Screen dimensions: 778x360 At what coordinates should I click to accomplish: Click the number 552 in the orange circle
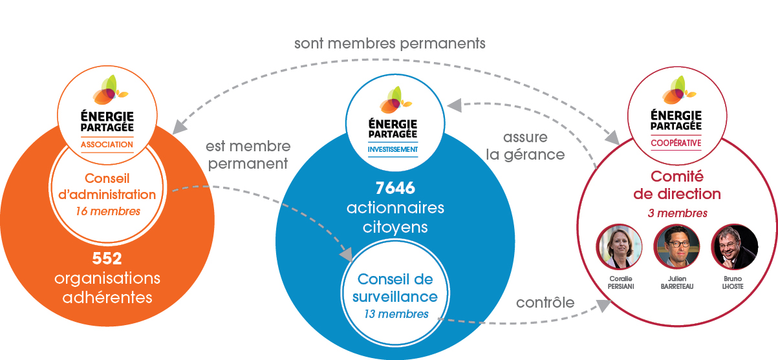coord(107,259)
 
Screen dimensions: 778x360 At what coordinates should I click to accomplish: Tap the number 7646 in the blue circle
coord(395,188)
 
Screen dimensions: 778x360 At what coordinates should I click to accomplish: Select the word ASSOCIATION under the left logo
coord(107,144)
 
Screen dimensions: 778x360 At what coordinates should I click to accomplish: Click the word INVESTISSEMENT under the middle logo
coord(393,149)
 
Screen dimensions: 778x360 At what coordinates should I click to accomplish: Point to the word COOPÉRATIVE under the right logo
coord(676,143)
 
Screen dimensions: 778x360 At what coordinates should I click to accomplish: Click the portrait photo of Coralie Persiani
coord(620,247)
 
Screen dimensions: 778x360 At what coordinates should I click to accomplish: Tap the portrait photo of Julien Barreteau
coord(676,247)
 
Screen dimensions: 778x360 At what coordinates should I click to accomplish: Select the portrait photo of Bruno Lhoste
coord(734,247)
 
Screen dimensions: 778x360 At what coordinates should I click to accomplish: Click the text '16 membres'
coord(107,211)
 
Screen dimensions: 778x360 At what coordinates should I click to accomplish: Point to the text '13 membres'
coord(396,314)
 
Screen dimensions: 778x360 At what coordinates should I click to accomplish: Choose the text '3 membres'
coord(677,213)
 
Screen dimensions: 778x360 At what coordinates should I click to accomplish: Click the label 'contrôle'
coord(545,302)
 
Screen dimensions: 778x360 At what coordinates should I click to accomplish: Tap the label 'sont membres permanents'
coord(390,43)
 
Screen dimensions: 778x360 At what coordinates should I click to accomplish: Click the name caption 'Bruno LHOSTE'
coord(733,282)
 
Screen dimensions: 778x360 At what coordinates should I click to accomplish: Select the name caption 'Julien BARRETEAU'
coord(677,282)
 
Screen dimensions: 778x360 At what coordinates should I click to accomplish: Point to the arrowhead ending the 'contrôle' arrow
coord(604,305)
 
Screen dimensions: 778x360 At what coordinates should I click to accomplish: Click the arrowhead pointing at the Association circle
coord(179,127)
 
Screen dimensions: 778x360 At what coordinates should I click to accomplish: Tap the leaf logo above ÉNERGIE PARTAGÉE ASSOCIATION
coord(110,90)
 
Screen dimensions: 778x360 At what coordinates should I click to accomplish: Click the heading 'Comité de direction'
coord(677,185)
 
